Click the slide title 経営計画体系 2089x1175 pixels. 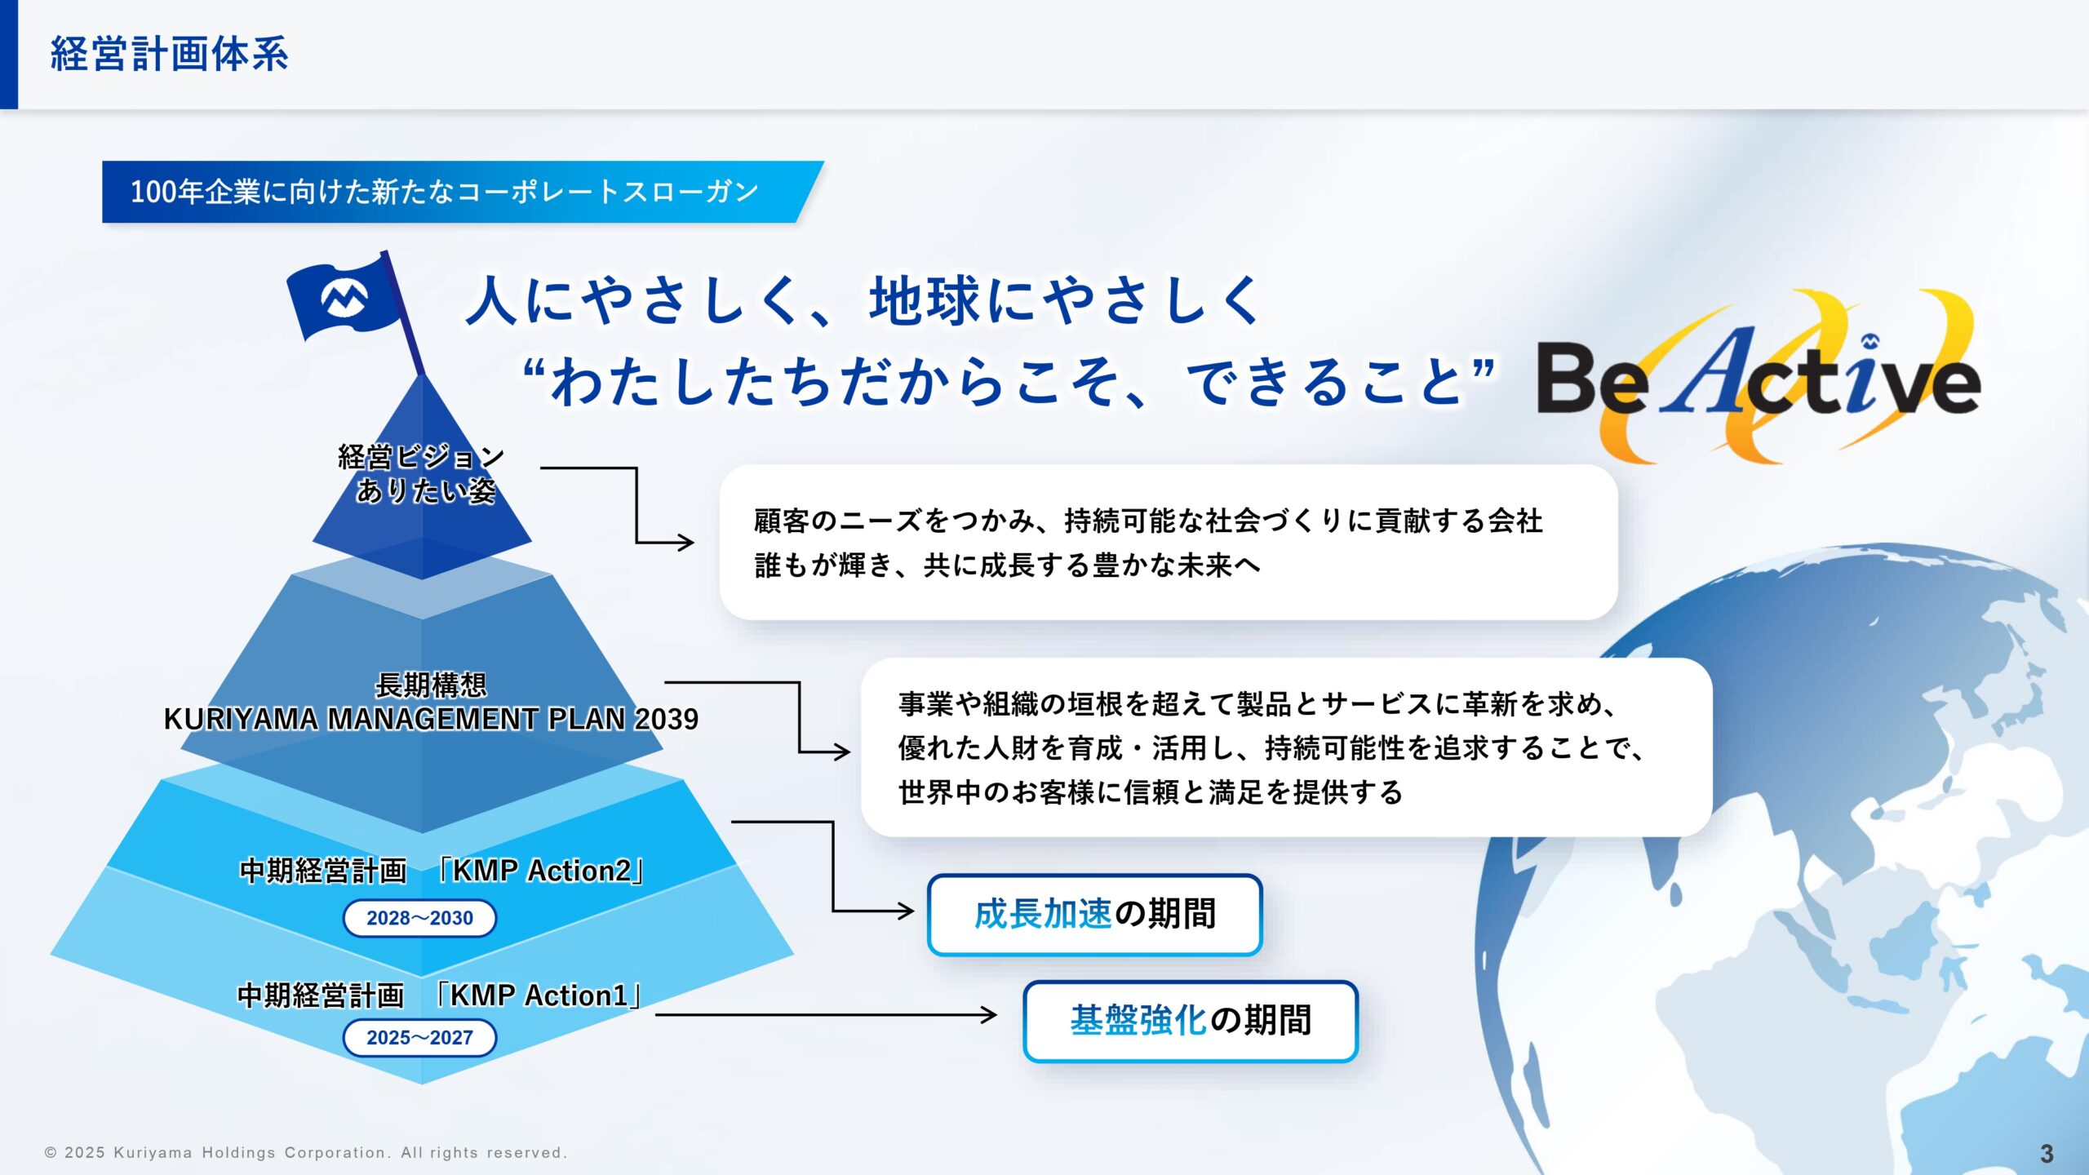tap(169, 54)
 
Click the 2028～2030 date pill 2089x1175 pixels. tap(419, 918)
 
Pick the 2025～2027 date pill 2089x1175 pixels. tap(419, 1037)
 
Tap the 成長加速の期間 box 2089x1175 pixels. tap(1094, 914)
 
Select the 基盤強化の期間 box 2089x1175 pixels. tap(1190, 1021)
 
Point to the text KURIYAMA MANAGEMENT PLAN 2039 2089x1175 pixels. tap(431, 719)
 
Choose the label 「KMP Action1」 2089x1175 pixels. tap(539, 995)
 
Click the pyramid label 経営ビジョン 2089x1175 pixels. tap(421, 457)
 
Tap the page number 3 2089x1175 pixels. tap(2047, 1153)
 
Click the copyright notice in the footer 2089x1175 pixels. tap(305, 1153)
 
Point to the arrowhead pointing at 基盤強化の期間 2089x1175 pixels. tap(989, 1014)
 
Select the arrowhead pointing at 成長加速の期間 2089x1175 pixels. tap(905, 911)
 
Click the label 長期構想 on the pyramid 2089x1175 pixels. tap(431, 685)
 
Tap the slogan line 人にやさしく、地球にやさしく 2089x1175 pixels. tap(863, 300)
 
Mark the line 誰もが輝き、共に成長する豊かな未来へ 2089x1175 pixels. tap(1007, 565)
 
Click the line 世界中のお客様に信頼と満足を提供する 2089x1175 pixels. tap(1150, 791)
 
